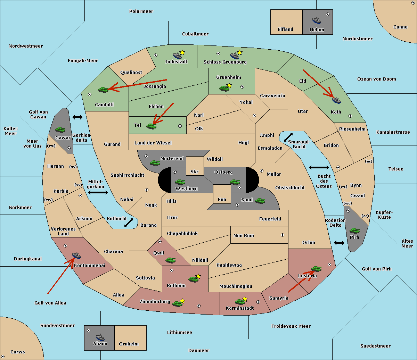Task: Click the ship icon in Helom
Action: [317, 20]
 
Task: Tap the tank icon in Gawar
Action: [60, 129]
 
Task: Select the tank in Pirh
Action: [354, 231]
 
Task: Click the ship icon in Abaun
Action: [100, 337]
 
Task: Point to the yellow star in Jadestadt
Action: [182, 52]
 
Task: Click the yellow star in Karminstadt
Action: [245, 299]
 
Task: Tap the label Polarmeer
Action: [141, 11]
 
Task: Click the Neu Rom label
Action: [244, 235]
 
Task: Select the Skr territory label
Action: [195, 171]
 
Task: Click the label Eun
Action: [222, 199]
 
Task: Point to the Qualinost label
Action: [131, 72]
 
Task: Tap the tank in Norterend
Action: [155, 163]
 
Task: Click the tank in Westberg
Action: [180, 182]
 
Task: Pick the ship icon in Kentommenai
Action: [77, 255]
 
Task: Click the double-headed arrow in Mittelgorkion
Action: [98, 193]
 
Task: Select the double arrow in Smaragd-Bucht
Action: [288, 137]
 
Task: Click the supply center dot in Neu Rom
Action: [283, 235]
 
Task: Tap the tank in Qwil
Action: [170, 260]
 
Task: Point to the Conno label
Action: [400, 27]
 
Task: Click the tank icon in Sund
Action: [260, 201]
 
